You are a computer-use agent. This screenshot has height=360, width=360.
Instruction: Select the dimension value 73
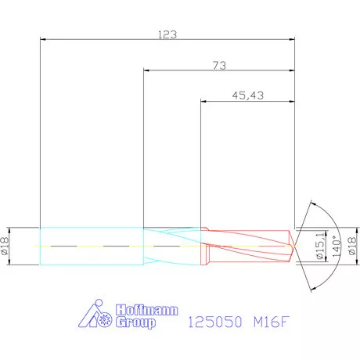(219, 67)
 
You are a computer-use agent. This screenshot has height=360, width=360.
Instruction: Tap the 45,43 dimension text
(248, 95)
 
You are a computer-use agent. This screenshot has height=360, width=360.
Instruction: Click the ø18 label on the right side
(351, 246)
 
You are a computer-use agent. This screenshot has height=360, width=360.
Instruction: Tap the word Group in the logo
(135, 321)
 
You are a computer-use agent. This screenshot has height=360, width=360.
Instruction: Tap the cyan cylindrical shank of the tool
(90, 246)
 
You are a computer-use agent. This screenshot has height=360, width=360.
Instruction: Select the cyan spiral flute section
(172, 246)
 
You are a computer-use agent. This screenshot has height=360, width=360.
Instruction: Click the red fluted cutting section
(247, 246)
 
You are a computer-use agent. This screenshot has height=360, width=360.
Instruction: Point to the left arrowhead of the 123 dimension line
(42, 38)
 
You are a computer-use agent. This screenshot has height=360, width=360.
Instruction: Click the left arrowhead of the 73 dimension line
(146, 71)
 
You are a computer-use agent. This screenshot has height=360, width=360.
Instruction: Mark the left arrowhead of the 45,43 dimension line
(203, 100)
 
